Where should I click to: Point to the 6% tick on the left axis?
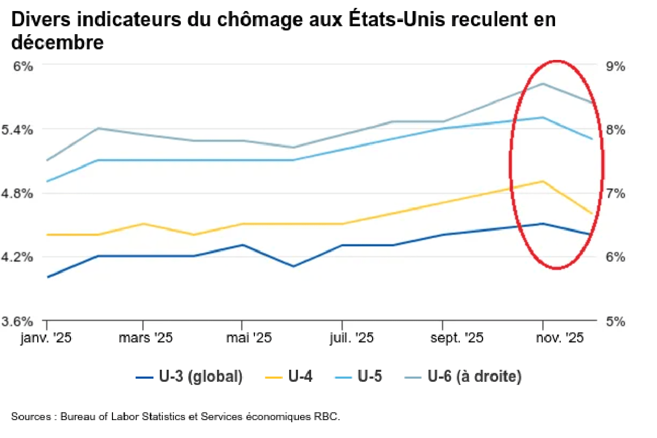[22, 66]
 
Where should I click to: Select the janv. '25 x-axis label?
[46, 338]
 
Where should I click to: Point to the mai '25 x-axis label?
[241, 338]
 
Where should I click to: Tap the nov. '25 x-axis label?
[559, 338]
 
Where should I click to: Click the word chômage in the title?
[227, 19]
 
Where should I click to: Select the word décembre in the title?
[57, 42]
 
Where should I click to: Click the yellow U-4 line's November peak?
[542, 181]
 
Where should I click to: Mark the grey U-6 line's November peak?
[542, 84]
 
